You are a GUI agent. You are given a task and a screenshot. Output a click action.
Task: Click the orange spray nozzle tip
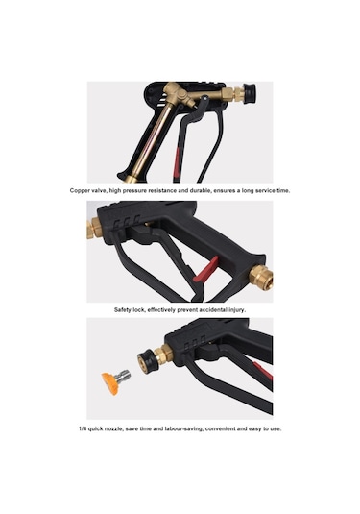pyautogui.click(x=109, y=383)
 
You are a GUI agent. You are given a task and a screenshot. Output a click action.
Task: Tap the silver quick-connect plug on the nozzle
pyautogui.click(x=124, y=377)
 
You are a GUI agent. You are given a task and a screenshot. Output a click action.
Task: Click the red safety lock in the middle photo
pyautogui.click(x=205, y=270)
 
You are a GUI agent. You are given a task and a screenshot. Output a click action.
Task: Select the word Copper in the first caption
pyautogui.click(x=79, y=191)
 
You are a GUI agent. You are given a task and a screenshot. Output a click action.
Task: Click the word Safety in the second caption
pyautogui.click(x=123, y=309)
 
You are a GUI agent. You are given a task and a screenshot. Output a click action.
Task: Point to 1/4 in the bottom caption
pyautogui.click(x=83, y=428)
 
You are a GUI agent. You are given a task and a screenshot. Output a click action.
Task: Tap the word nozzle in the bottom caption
pyautogui.click(x=113, y=428)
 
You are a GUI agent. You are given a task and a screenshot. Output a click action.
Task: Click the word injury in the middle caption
pyautogui.click(x=237, y=309)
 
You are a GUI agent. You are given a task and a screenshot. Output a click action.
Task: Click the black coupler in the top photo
pyautogui.click(x=249, y=93)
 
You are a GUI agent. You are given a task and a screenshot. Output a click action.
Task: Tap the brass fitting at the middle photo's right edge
pyautogui.click(x=261, y=278)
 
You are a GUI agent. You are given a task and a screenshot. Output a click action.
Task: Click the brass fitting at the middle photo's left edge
pyautogui.click(x=93, y=228)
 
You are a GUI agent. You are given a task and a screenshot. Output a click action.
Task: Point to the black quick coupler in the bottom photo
pyautogui.click(x=148, y=360)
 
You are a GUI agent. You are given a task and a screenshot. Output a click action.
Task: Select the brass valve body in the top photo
pyautogui.click(x=177, y=94)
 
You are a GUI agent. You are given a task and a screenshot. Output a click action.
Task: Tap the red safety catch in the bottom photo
pyautogui.click(x=263, y=370)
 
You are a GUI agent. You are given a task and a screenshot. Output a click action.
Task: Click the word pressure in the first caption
pyautogui.click(x=134, y=191)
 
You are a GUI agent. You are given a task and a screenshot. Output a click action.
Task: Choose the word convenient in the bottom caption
pyautogui.click(x=220, y=428)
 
